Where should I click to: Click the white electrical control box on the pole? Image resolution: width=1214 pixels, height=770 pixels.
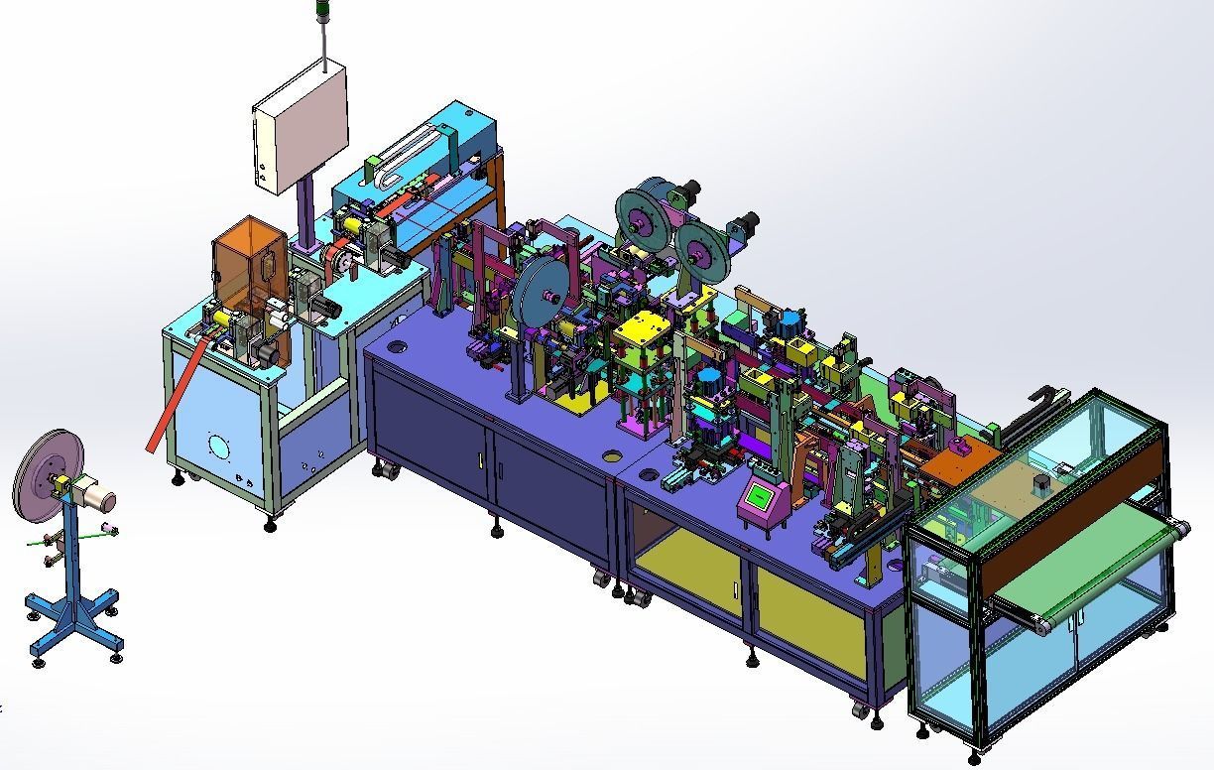pos(301,127)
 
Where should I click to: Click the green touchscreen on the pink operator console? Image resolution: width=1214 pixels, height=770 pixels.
pos(762,495)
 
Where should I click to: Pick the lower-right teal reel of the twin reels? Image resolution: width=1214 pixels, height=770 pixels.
pos(701,253)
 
